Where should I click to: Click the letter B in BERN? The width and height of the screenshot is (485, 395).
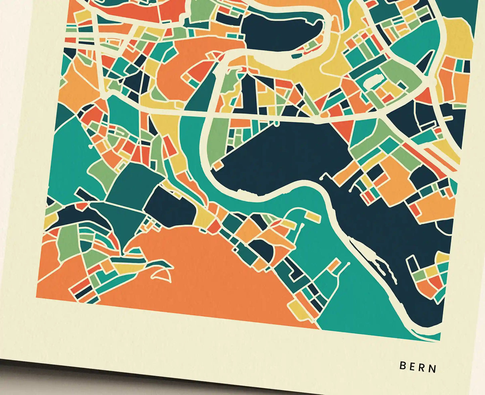(x=403, y=365)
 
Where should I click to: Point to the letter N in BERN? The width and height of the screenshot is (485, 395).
(x=433, y=369)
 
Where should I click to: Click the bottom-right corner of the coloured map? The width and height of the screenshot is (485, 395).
(x=440, y=340)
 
